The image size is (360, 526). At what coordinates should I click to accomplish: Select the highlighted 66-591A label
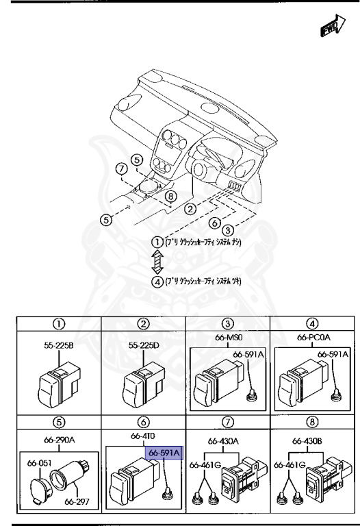point(162,453)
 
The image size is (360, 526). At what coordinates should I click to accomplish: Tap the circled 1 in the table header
point(60,323)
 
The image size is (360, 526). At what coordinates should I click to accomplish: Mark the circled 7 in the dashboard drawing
point(121,168)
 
